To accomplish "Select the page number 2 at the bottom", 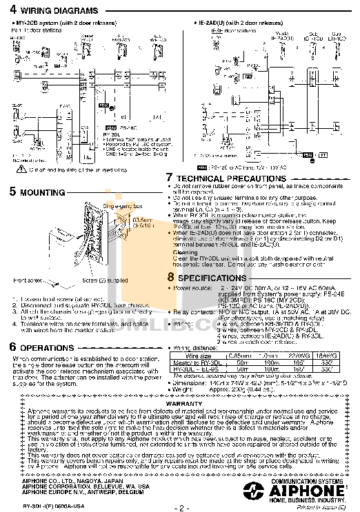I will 180,506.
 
